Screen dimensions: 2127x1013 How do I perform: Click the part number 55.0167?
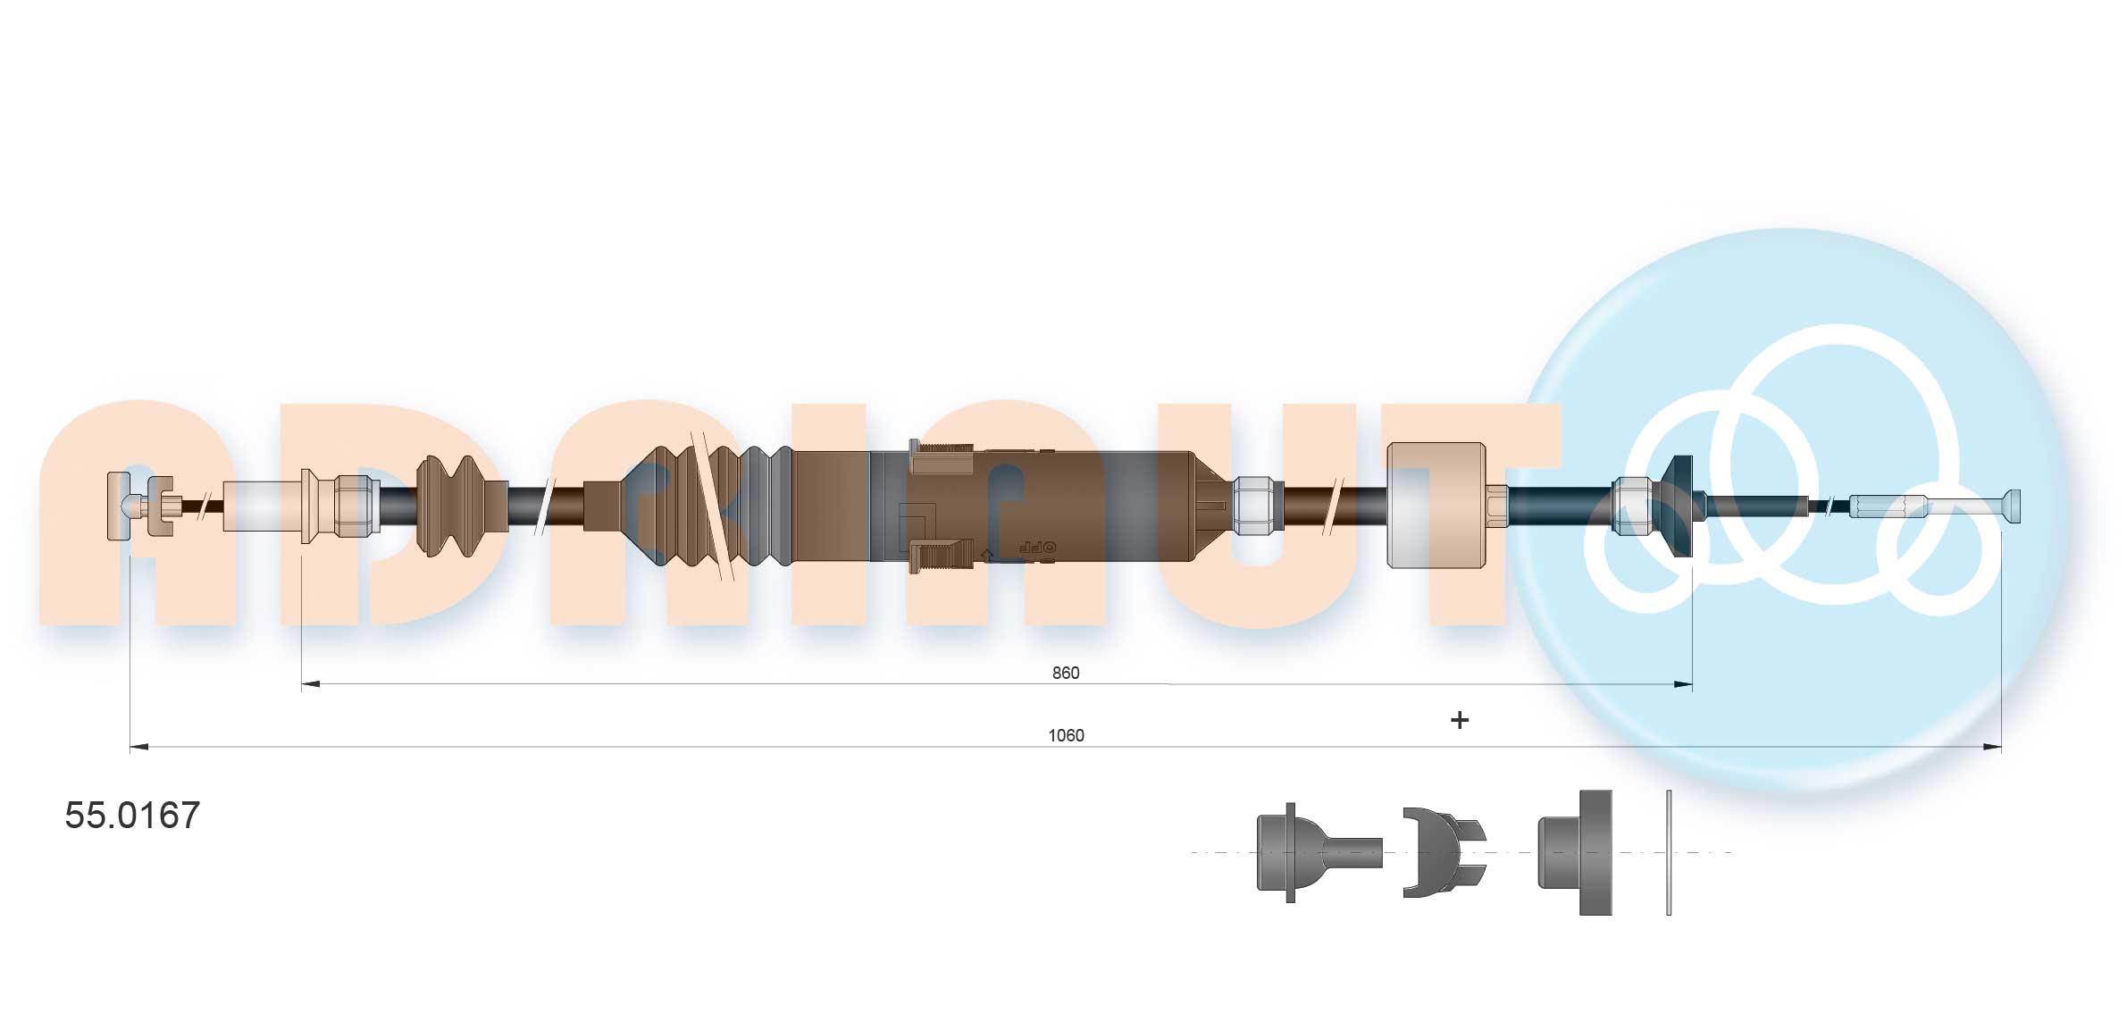pos(132,815)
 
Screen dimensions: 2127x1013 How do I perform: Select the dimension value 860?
pos(1066,673)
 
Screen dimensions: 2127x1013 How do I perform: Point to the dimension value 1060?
pos(1066,735)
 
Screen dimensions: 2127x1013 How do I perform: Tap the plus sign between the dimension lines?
pos(1460,720)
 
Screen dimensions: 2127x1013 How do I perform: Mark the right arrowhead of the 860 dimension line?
pos(1683,685)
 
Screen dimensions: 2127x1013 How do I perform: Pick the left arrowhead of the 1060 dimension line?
pos(139,747)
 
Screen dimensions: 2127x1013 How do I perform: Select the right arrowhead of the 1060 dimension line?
pos(1992,747)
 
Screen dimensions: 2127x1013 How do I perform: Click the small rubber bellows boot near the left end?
pos(462,506)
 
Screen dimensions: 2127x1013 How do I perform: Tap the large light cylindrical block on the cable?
pos(1436,506)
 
